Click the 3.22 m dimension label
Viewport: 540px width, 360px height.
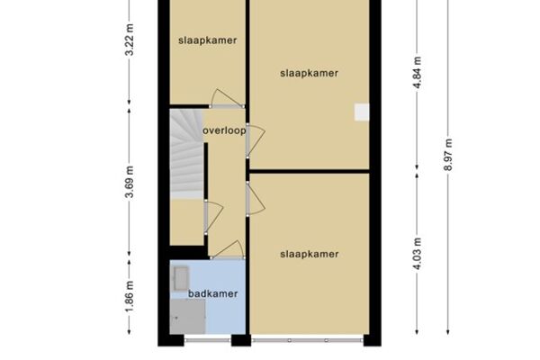130,40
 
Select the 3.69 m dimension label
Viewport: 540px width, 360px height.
130,182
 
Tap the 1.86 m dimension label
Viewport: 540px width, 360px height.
130,297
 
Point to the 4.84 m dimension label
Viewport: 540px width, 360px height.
417,73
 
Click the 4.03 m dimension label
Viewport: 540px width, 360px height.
417,254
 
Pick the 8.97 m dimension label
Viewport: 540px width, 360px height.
448,155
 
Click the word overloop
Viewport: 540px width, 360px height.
224,130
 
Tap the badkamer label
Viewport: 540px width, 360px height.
212,294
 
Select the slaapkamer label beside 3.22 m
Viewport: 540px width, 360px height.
208,40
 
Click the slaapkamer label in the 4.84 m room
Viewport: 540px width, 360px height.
310,74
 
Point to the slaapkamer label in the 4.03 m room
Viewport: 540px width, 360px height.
310,254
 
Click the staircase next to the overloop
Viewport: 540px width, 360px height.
186,154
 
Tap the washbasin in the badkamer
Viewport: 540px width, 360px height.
180,278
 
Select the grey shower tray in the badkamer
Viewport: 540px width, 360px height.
188,316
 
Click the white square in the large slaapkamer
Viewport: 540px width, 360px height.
362,112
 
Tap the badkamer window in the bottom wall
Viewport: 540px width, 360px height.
207,340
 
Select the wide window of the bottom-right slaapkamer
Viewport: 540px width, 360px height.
307,340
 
